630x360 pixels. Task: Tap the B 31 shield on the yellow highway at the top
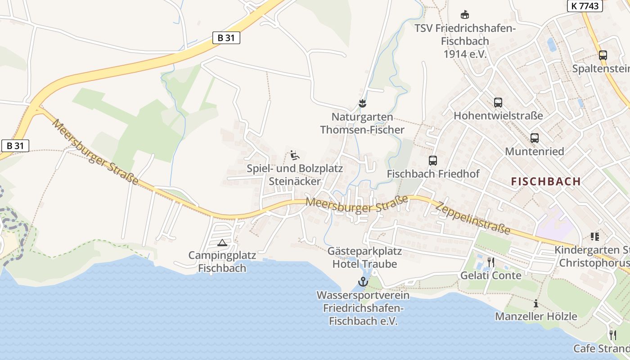[x=226, y=38]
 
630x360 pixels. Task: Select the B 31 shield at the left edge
[x=15, y=145]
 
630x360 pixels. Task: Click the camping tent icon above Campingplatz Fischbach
[x=222, y=243]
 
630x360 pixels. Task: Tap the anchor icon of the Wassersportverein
[x=363, y=282]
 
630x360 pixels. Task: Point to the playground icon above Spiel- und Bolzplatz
[x=294, y=155]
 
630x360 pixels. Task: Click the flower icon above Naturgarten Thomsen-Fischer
[x=362, y=103]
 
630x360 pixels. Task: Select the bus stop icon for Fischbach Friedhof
[x=433, y=160]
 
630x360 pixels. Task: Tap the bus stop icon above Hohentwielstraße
[x=498, y=102]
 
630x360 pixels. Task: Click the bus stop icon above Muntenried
[x=534, y=138]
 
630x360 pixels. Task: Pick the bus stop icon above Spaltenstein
[x=603, y=55]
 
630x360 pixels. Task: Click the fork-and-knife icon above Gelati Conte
[x=491, y=262]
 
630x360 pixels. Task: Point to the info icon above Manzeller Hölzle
[x=535, y=303]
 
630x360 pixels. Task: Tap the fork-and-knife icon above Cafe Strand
[x=612, y=335]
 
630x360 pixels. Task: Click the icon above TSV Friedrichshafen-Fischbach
[x=465, y=15]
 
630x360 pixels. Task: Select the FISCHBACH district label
[x=546, y=181]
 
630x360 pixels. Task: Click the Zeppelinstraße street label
[x=473, y=217]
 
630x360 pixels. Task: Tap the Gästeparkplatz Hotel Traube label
[x=364, y=257]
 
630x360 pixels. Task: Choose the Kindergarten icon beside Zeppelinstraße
[x=595, y=237]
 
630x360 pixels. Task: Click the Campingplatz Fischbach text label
[x=222, y=262]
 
